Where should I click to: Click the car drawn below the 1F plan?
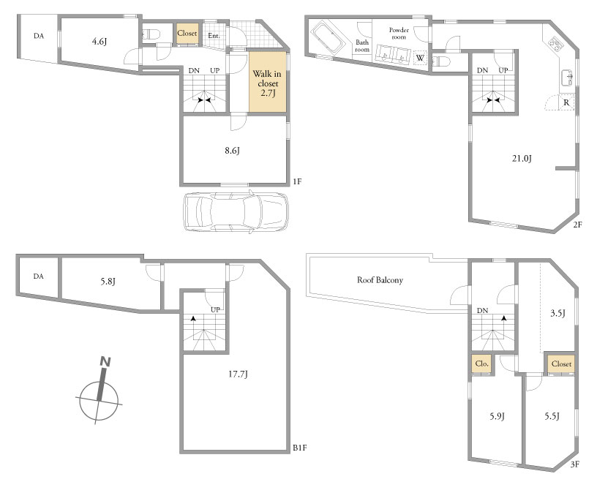click(x=236, y=211)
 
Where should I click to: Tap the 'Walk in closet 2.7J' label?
click(x=268, y=83)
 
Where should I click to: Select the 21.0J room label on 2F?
click(x=522, y=158)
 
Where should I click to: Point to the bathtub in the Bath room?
click(x=328, y=37)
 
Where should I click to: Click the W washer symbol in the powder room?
click(x=420, y=58)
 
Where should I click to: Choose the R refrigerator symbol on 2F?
click(x=566, y=102)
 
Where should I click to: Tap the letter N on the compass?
click(x=105, y=362)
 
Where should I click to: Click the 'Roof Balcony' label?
click(x=380, y=280)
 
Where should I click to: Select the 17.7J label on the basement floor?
click(x=238, y=374)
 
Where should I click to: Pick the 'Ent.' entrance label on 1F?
click(x=214, y=36)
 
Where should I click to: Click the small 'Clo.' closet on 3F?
click(x=481, y=364)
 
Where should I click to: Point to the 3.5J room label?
click(x=557, y=313)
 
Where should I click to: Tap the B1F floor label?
click(x=300, y=448)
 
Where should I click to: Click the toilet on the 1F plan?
click(x=151, y=34)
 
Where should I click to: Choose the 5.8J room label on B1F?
click(x=108, y=282)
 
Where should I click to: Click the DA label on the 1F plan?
click(x=39, y=36)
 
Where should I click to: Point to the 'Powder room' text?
click(x=399, y=33)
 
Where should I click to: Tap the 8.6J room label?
click(x=232, y=151)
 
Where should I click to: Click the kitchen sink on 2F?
click(x=567, y=78)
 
